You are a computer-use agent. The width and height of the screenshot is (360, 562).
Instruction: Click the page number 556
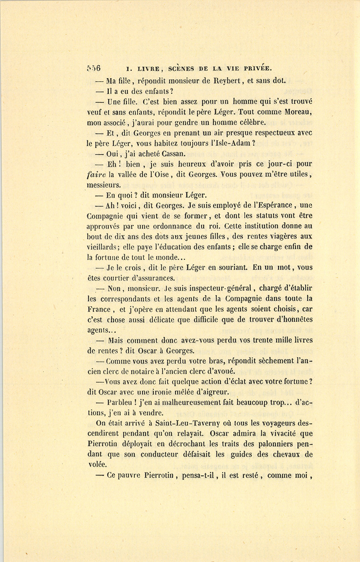pos(94,68)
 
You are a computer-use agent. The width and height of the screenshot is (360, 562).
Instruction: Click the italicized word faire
pos(95,175)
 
